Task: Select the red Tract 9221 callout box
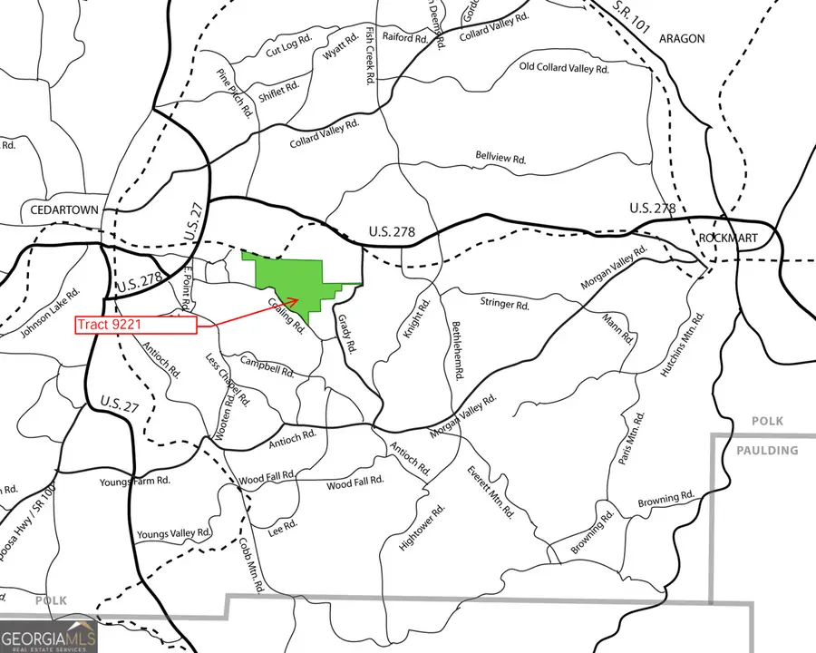point(136,324)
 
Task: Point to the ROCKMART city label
point(728,239)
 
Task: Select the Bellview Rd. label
point(500,158)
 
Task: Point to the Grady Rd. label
point(345,334)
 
